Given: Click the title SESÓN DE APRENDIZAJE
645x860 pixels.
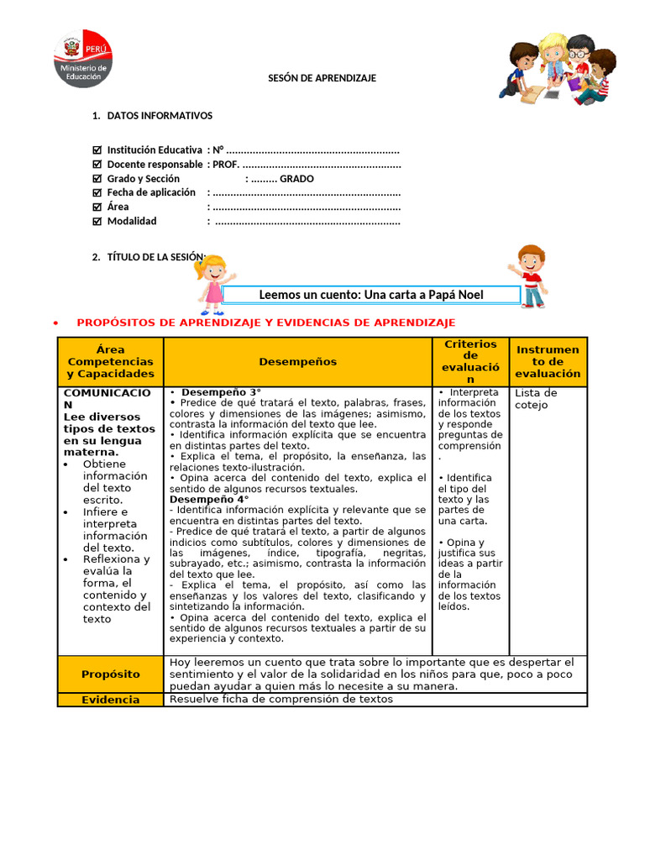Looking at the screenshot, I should click(x=322, y=78).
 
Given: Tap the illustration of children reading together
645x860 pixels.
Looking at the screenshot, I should click(x=556, y=69).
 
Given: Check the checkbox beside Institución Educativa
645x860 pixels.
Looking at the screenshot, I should click(x=97, y=150).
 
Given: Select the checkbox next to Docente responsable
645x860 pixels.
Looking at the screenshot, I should click(x=97, y=165).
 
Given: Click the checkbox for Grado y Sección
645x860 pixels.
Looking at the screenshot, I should click(x=97, y=179).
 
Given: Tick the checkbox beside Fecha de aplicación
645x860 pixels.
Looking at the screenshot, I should click(x=97, y=193).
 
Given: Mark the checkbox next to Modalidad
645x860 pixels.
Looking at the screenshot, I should click(x=97, y=222).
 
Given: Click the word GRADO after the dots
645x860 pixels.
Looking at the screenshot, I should click(x=296, y=179).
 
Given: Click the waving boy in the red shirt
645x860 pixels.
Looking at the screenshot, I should click(x=529, y=276).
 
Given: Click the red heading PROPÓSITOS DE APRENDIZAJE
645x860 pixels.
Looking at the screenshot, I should click(x=265, y=322).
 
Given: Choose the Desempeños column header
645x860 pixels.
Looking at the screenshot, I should click(x=297, y=362).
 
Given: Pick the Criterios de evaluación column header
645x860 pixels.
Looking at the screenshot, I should click(x=470, y=362).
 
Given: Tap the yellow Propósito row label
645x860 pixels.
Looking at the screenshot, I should click(x=110, y=674).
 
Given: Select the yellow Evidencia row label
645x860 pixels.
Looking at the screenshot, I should click(x=110, y=700).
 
